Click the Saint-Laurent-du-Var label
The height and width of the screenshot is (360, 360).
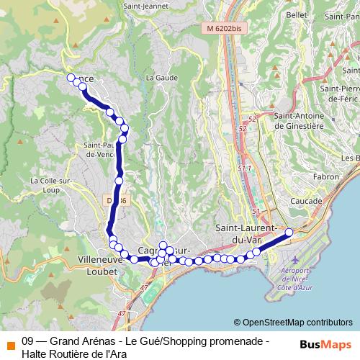coord(247,233)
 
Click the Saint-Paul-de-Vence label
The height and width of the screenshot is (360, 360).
coord(101,148)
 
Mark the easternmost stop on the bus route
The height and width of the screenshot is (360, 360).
coord(289,232)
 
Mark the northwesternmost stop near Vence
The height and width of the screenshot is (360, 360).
coord(71,78)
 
